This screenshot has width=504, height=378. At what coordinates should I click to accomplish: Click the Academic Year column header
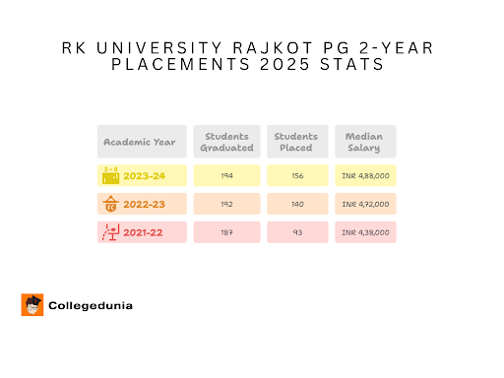[140, 142]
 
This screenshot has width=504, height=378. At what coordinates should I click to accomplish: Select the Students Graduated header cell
[226, 142]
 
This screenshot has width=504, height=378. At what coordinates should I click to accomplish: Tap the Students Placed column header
[295, 142]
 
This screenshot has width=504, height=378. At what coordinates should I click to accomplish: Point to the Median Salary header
[364, 142]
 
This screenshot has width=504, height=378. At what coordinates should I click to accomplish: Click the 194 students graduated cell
[226, 176]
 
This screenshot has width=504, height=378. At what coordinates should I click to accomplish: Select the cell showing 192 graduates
[226, 205]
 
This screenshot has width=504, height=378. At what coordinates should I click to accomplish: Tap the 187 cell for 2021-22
[226, 233]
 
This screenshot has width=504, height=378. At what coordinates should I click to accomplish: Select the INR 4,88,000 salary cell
[365, 176]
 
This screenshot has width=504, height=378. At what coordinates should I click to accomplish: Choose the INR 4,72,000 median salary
[365, 205]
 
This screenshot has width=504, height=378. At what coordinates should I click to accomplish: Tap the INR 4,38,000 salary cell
[365, 233]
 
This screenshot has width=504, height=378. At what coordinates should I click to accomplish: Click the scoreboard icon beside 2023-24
[110, 175]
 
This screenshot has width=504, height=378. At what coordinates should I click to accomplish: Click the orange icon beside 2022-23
[110, 205]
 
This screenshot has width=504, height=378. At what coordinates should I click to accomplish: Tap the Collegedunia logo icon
[31, 305]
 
